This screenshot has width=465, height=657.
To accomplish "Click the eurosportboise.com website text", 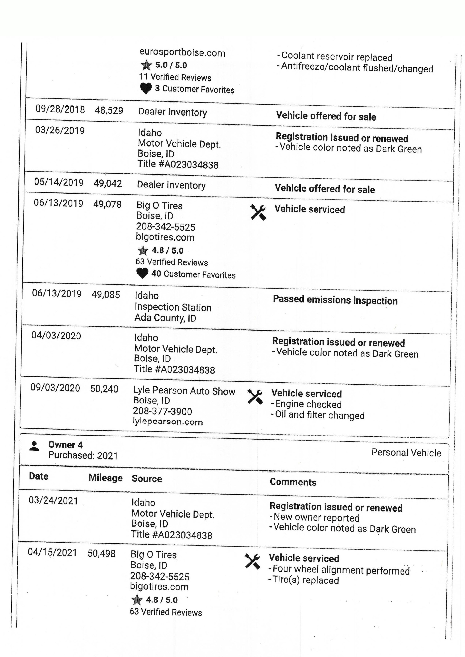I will coord(182,53).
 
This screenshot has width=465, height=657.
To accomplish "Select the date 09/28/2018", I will coord(60,109).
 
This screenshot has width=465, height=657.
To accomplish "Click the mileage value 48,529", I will coord(109,111).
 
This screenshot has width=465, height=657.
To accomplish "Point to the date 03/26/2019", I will coord(60,130).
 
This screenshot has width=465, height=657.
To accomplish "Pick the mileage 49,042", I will coord(108,183).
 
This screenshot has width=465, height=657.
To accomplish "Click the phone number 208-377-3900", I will coord(162,411).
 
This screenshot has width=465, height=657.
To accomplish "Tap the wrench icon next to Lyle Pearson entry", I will coord(255,397).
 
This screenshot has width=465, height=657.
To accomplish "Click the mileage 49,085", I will coord(106,295).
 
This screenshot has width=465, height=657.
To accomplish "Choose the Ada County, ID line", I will coord(165,318).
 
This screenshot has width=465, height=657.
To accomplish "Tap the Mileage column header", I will coord(105,478).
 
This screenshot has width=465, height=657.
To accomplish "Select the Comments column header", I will coord(293,482).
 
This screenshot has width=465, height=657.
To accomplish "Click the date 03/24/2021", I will coord(53,500).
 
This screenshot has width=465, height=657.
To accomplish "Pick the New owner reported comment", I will coord(316,518).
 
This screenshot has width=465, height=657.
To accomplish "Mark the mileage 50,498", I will coord(102,553).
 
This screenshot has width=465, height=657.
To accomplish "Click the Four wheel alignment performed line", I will coord(341,570).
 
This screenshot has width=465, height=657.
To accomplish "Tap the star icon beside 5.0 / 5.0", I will coord(146,65).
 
